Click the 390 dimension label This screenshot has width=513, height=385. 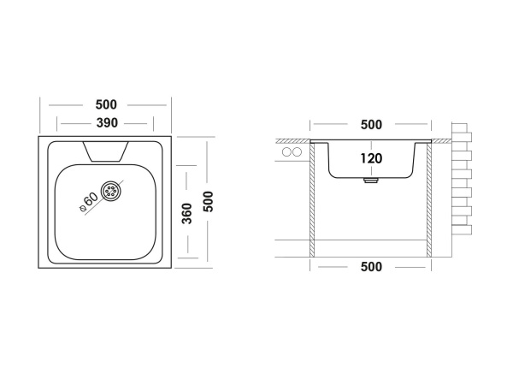[107, 123]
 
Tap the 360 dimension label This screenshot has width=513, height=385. [186, 213]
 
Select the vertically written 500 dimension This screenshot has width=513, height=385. [208, 202]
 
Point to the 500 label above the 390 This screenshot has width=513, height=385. [106, 104]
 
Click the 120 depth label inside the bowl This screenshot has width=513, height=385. [371, 158]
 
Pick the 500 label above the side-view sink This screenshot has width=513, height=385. [371, 125]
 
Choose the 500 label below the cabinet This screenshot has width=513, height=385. [371, 267]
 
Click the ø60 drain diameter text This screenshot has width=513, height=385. [89, 202]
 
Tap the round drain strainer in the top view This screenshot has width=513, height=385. [110, 191]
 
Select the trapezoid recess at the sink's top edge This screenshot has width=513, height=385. [105, 151]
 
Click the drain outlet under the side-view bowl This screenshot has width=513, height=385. [371, 181]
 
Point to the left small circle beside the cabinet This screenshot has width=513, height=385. [287, 152]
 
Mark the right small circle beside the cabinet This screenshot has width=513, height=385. [297, 152]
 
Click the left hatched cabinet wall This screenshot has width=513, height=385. [312, 200]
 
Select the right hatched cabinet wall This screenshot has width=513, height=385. [429, 200]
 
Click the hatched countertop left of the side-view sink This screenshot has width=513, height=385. [293, 141]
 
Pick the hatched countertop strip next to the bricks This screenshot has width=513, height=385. [442, 141]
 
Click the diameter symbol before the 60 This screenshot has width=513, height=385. [82, 208]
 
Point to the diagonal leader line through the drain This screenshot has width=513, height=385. [104, 197]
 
